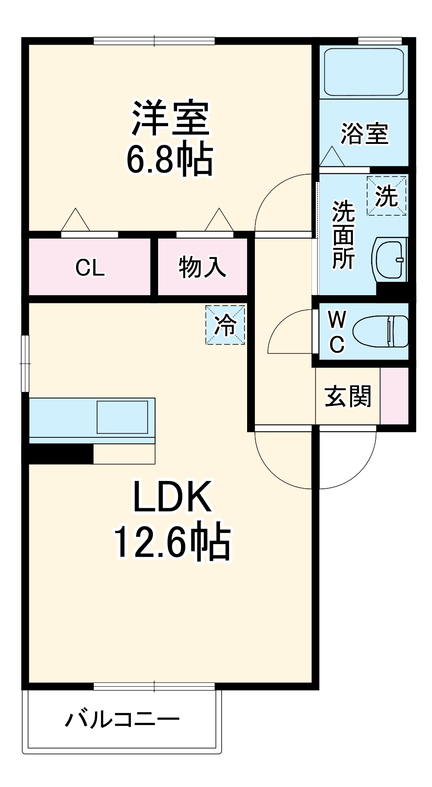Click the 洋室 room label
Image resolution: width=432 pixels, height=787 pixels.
pos(170,118)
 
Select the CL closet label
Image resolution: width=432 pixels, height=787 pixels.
pos(90,268)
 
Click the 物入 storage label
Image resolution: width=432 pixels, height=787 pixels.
pos(202,267)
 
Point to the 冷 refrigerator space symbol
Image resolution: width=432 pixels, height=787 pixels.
pos(225,325)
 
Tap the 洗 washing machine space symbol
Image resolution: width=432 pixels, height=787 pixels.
pos(386,196)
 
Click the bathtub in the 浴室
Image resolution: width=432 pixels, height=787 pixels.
pos(364,72)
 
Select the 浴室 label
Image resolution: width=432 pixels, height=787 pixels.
pos(365,134)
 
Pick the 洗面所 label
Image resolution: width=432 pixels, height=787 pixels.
pos(343,235)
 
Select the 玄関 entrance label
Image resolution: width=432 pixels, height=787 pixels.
pos(348,396)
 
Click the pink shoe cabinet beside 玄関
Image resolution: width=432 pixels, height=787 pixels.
pos(394,395)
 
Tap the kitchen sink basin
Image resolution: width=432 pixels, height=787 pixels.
pos(122,417)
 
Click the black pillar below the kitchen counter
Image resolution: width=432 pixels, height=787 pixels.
pos(60,454)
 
